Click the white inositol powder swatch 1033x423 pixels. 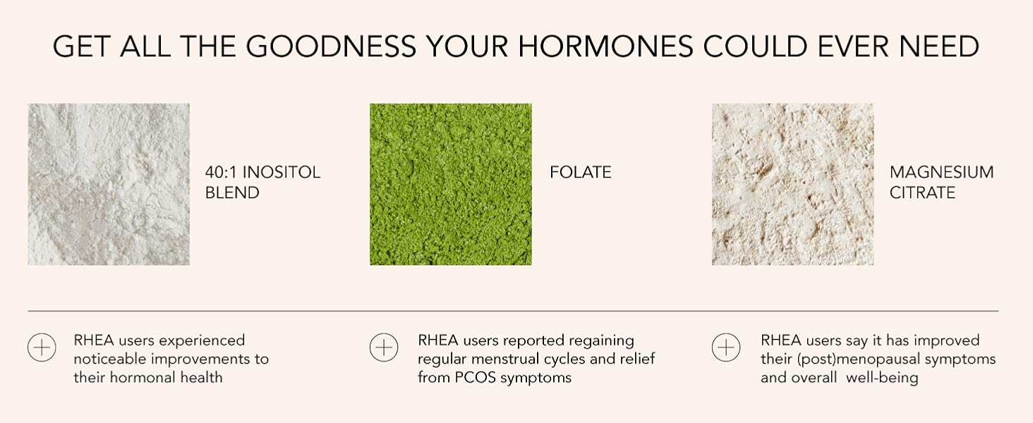[109, 185]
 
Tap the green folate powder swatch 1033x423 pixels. [451, 185]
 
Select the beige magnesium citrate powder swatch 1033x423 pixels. [792, 185]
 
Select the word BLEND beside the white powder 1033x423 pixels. [232, 192]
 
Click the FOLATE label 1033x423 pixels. [581, 173]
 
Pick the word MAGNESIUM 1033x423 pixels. [941, 173]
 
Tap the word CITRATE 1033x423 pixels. [922, 192]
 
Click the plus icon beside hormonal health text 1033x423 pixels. [42, 348]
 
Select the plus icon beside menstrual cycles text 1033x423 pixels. [384, 348]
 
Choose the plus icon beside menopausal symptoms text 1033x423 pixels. [726, 348]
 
